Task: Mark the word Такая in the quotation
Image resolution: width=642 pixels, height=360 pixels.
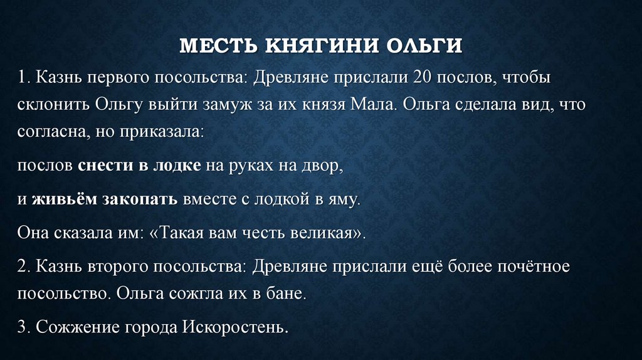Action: [x=181, y=233]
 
